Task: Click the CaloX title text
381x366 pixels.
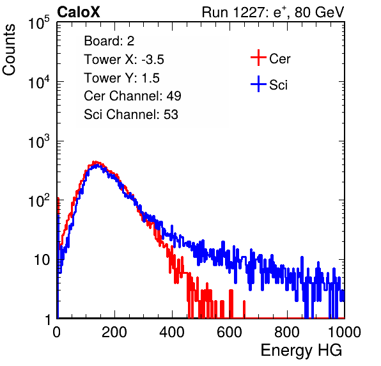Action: click(79, 12)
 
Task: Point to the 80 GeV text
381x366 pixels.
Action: click(319, 12)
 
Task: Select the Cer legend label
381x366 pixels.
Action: click(279, 59)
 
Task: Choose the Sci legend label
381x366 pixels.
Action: click(278, 85)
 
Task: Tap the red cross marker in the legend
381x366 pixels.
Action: click(258, 58)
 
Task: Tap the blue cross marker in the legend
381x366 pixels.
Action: click(258, 84)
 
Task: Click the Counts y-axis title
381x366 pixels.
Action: click(9, 50)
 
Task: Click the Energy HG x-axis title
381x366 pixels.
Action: click(301, 351)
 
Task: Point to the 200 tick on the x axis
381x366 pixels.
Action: click(114, 332)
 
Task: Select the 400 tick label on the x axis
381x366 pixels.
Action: click(172, 332)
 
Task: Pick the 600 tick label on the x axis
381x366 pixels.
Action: click(229, 332)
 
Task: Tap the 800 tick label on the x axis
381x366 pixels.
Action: click(287, 332)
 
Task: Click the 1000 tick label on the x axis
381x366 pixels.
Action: click(345, 332)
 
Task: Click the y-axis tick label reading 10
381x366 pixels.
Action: click(42, 260)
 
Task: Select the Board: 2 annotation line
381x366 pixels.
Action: click(109, 41)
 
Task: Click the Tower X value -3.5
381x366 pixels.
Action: click(153, 60)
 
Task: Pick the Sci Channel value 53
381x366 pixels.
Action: click(171, 115)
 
